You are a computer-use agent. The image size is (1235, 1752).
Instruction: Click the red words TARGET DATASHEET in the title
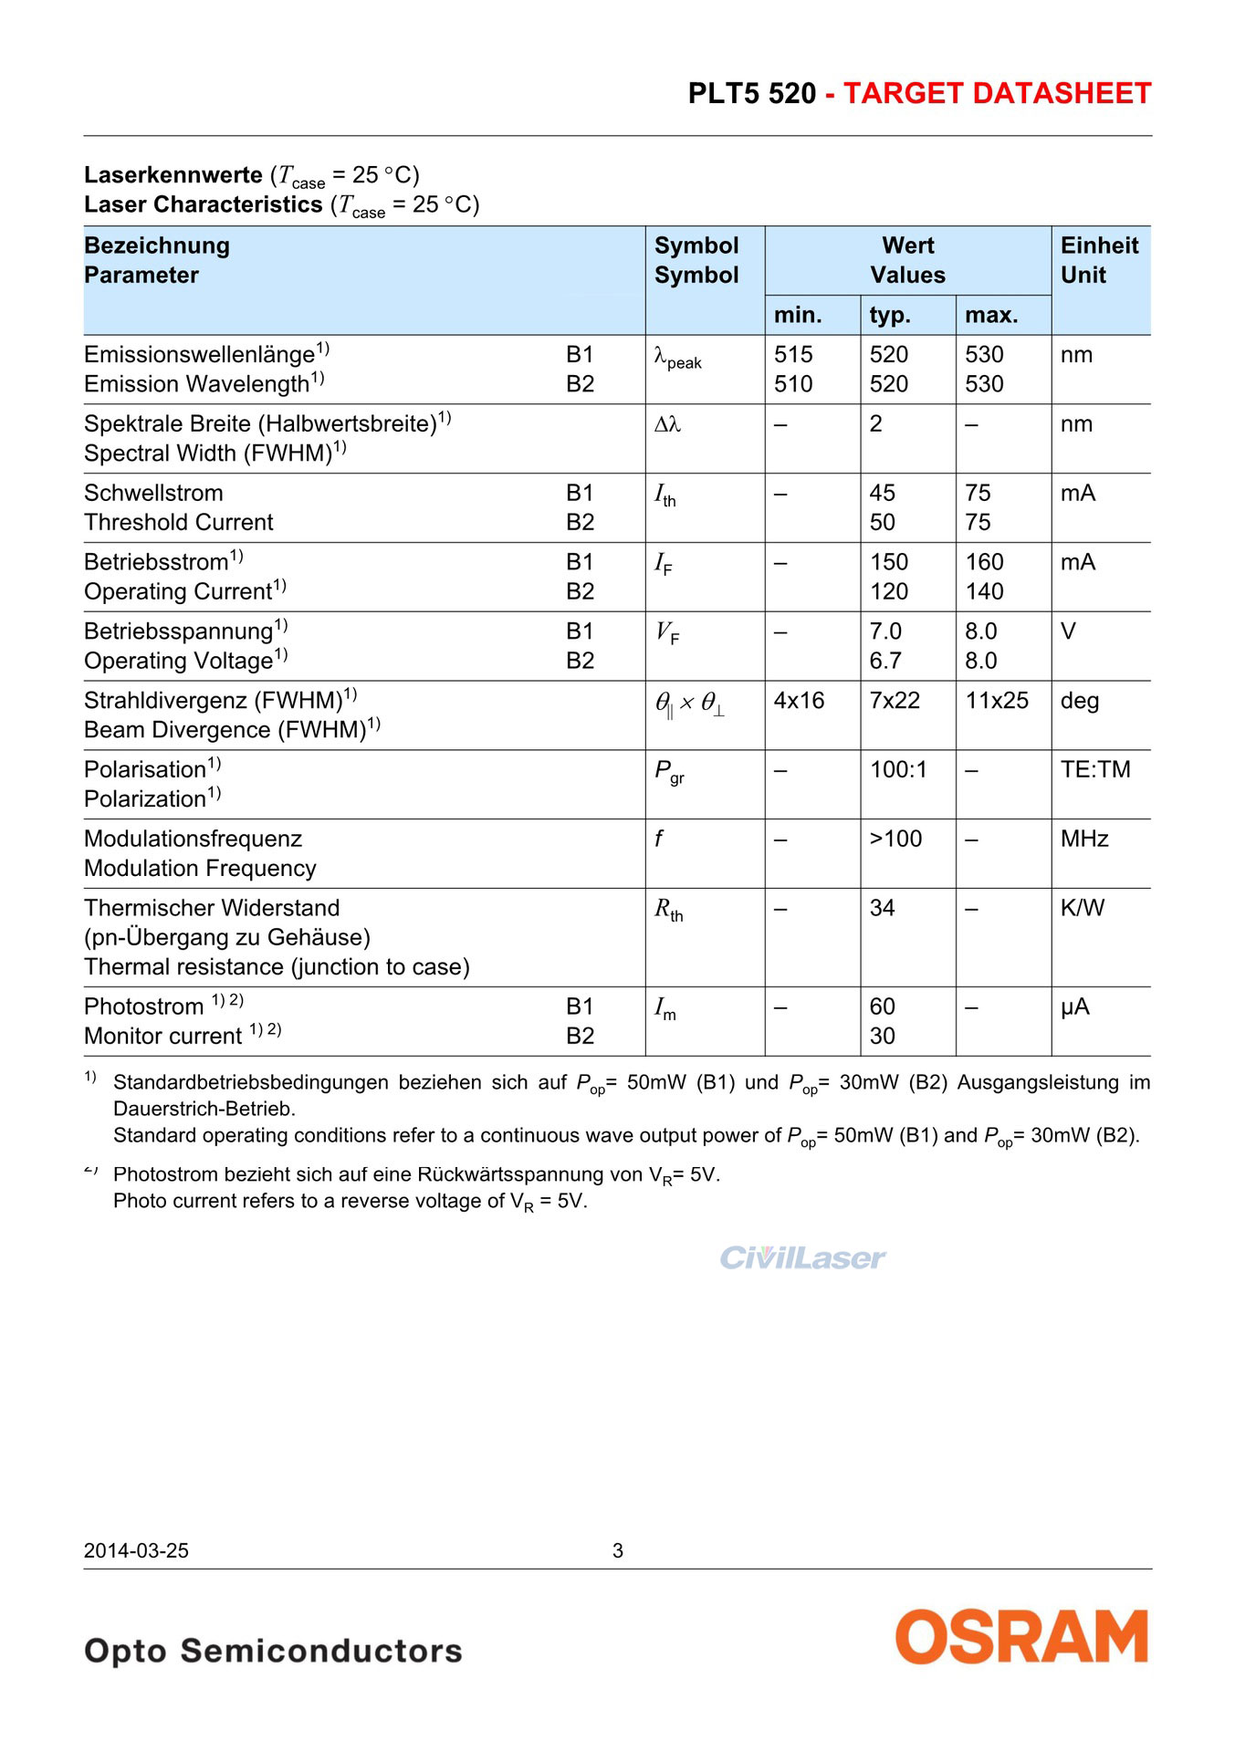click(997, 94)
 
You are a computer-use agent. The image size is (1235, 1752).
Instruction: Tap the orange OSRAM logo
click(1021, 1636)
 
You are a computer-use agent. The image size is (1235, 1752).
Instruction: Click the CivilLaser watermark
click(802, 1258)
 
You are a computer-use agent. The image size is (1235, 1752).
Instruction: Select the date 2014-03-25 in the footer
click(136, 1550)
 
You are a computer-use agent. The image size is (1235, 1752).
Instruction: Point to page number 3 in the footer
click(618, 1550)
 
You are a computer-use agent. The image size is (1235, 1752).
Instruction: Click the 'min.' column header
click(798, 315)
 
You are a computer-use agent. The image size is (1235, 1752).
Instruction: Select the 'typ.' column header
click(890, 315)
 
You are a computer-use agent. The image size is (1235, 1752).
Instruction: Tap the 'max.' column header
click(990, 315)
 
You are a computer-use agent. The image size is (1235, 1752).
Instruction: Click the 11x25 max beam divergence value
click(997, 701)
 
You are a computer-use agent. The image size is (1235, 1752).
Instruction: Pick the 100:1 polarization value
click(898, 770)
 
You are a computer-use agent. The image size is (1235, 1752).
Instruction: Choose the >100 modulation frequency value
click(895, 839)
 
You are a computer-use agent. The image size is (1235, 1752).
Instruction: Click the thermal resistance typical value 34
click(882, 908)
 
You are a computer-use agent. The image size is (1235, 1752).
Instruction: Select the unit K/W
click(1083, 908)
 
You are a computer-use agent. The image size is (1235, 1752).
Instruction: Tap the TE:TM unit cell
click(1095, 770)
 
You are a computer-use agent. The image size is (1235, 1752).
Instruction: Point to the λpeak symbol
click(677, 358)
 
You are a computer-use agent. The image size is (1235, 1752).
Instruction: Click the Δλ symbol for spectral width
click(667, 424)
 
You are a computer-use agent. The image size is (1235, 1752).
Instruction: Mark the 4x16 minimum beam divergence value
click(799, 701)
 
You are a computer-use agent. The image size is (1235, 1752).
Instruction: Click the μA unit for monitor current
click(1075, 1006)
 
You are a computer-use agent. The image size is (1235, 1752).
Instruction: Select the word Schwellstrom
click(153, 493)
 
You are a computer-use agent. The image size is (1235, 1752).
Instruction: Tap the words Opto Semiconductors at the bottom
click(273, 1651)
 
